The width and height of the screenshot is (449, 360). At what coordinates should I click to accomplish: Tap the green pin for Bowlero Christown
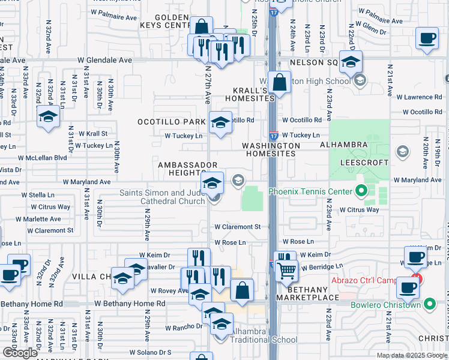pos(429,305)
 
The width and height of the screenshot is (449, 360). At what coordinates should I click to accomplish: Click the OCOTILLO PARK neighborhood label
pos(179,122)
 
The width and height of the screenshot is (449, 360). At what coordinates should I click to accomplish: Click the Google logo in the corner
pos(20,353)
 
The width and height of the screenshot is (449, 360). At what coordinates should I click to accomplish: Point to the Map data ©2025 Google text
pos(412,355)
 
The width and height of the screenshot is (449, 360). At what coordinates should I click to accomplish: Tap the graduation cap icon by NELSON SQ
pos(351,61)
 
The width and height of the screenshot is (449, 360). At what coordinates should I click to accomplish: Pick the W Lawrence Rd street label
pos(421,97)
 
